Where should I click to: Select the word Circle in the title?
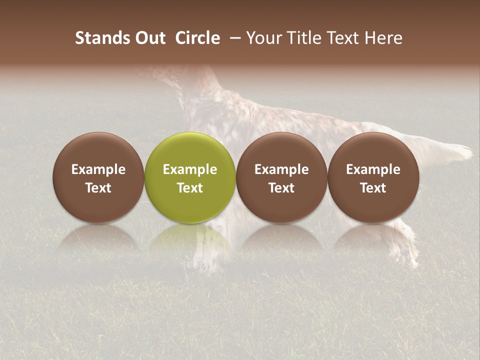click(197, 38)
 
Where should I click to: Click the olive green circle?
click(190, 150)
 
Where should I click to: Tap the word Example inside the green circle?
click(190, 169)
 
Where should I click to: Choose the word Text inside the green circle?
click(190, 188)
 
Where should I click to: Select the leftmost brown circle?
click(98, 150)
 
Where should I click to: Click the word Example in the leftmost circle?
click(98, 169)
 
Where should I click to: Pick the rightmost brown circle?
click(373, 150)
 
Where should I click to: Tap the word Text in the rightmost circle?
click(373, 188)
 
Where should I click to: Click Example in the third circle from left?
click(281, 169)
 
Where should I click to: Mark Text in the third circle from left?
click(281, 188)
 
